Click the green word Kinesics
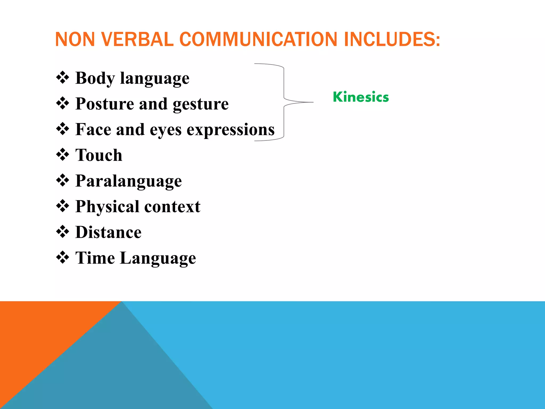click(361, 97)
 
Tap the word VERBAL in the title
click(137, 39)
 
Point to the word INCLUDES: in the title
click(392, 39)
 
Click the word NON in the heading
click(75, 39)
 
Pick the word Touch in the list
click(99, 155)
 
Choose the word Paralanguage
click(129, 181)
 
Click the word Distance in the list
click(108, 232)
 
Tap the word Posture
click(105, 104)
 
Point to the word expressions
click(230, 130)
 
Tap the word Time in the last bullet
click(95, 258)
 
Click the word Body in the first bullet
click(95, 78)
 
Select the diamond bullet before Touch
click(63, 154)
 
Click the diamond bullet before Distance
click(63, 232)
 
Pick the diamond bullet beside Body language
click(63, 77)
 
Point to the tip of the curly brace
click(313, 102)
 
